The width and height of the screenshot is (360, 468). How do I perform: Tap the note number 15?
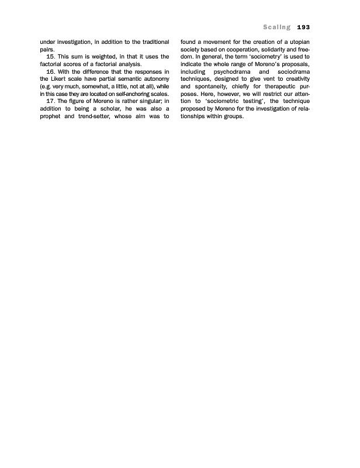coord(50,57)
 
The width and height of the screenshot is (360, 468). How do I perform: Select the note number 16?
coord(50,71)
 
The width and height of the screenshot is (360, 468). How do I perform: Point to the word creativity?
coord(296,79)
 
